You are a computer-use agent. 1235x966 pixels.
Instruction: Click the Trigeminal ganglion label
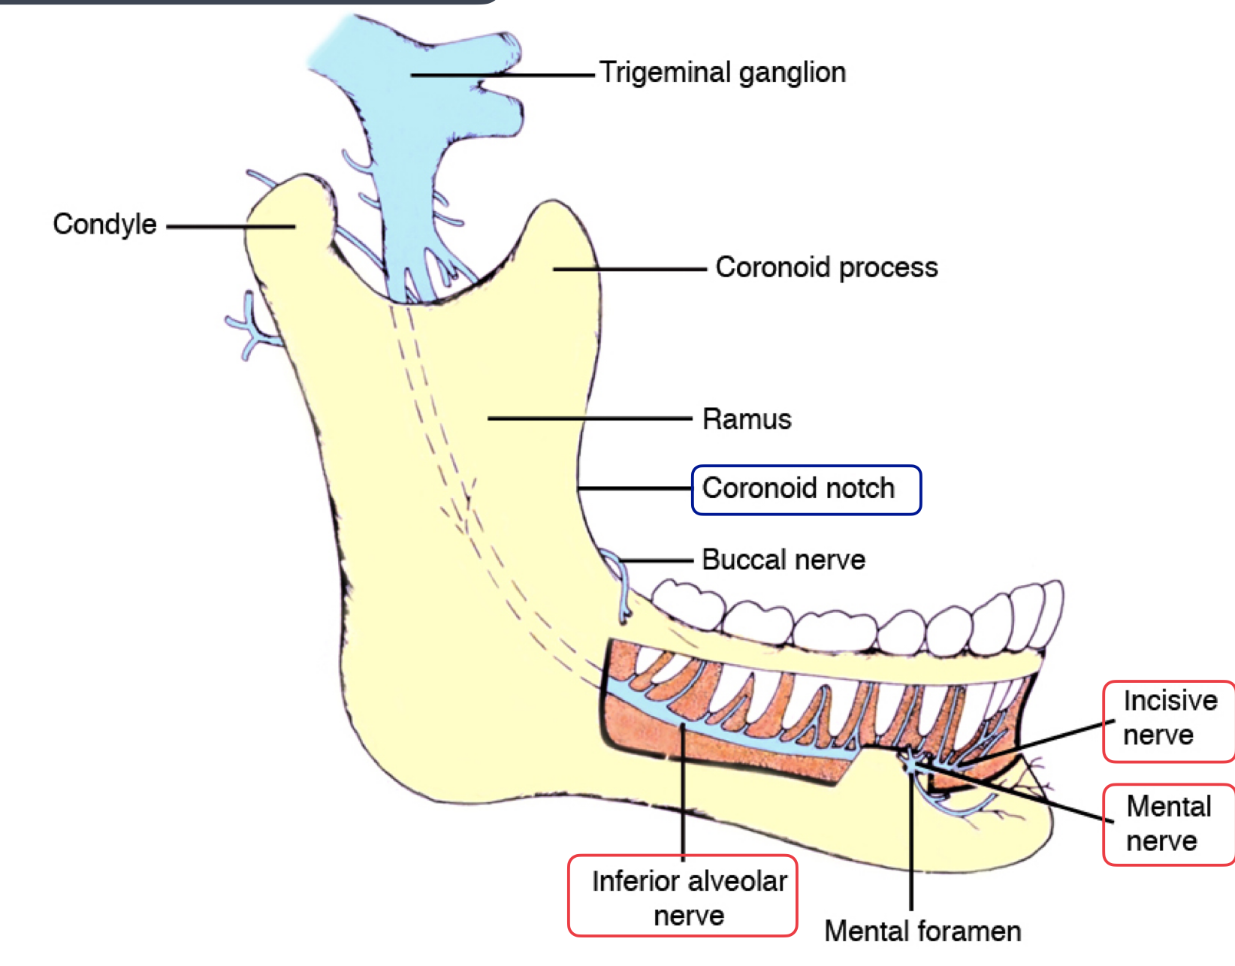tap(722, 73)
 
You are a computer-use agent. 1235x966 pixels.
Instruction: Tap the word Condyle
tap(104, 224)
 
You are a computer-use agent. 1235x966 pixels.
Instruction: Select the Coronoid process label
tap(826, 267)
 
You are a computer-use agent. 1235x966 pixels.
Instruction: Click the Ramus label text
tap(747, 419)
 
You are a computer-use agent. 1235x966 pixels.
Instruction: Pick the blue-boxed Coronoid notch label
tap(805, 489)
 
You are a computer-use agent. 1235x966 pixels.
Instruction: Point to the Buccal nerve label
tap(783, 560)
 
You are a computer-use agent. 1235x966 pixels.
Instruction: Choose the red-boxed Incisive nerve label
tap(1169, 718)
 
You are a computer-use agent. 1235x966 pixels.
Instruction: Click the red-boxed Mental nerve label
tap(1169, 823)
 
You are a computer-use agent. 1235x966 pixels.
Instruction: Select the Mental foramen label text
tap(922, 931)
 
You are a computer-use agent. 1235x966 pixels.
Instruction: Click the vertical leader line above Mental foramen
tap(910, 841)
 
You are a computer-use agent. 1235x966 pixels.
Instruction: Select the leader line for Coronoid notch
tap(635, 489)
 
